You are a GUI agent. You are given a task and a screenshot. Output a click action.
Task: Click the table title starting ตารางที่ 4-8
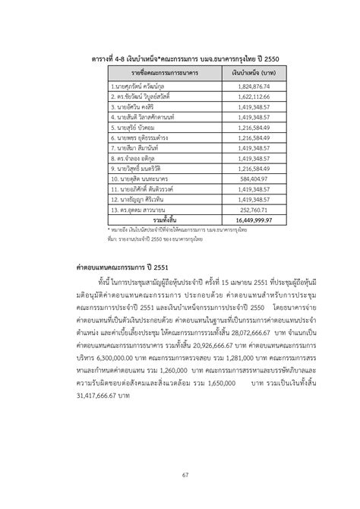[180, 58]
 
